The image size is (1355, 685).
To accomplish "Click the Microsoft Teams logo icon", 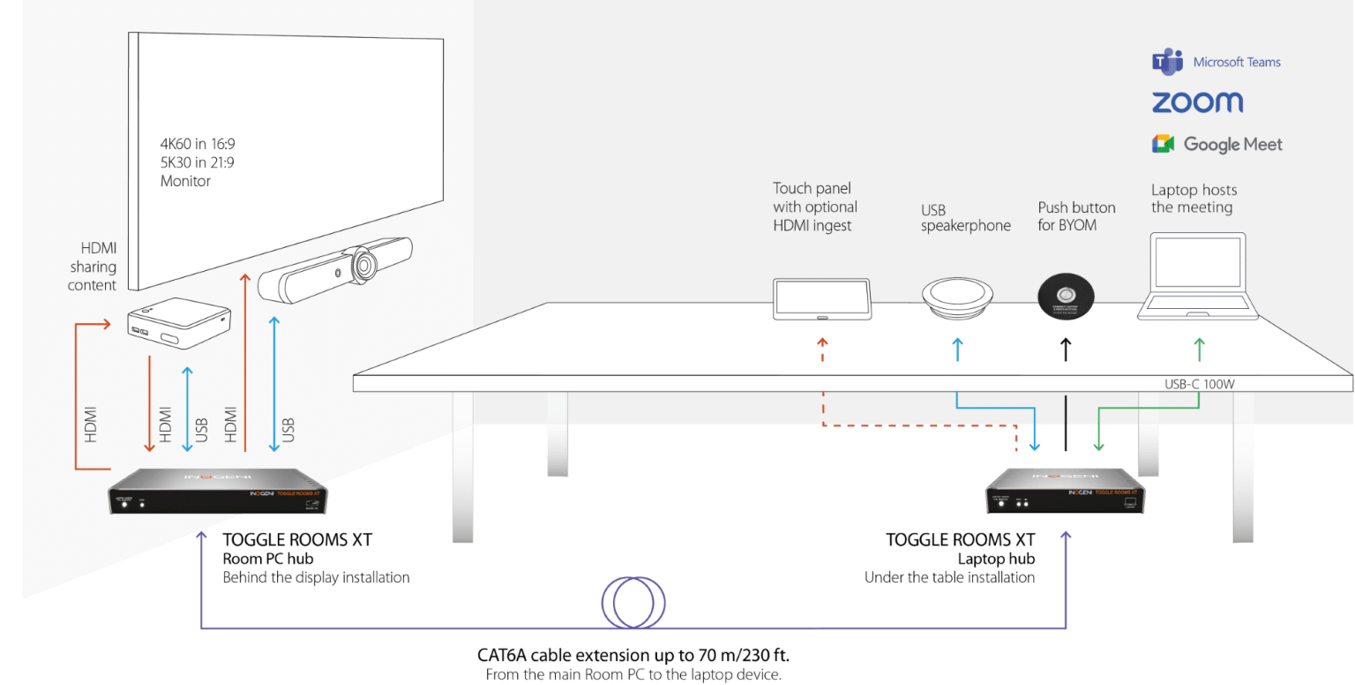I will click(1167, 62).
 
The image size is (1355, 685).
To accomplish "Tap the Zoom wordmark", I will click(1197, 102).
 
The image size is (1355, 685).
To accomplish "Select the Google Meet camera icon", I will click(1163, 144).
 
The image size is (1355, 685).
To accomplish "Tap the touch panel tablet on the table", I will click(821, 298).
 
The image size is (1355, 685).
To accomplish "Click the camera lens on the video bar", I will click(362, 264).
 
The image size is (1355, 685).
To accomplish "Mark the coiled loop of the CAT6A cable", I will click(632, 603).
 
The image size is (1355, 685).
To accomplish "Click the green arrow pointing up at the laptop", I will click(1198, 349).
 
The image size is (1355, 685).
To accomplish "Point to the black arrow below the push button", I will click(1066, 349).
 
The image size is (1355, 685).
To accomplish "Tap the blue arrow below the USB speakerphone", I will click(957, 349).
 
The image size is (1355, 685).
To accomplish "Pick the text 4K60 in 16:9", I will click(198, 143).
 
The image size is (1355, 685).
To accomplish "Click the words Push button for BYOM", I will click(1076, 216).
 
